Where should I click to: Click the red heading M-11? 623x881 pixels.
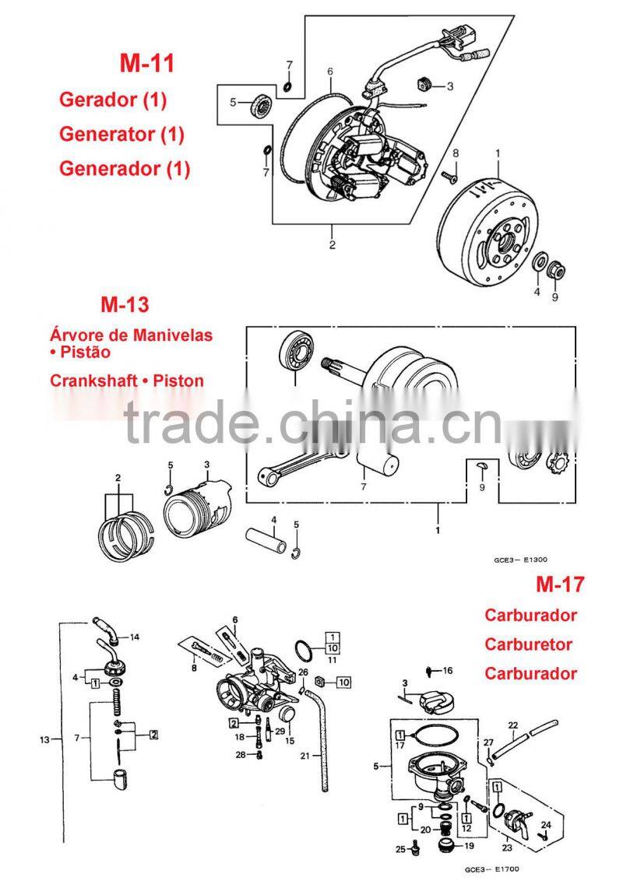pos(146,63)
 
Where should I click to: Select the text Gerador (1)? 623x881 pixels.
pos(113,100)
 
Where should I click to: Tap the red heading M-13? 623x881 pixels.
pos(125,304)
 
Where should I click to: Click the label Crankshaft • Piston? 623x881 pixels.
pos(127,381)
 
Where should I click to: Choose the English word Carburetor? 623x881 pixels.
pos(528,644)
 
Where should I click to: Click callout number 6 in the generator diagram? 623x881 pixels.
pos(330,72)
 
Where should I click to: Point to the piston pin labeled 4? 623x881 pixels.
pos(267,536)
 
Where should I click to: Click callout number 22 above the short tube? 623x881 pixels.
pos(513,727)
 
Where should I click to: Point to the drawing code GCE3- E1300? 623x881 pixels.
pos(521,559)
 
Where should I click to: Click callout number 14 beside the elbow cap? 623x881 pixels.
pos(135,637)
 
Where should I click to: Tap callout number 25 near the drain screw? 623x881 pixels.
pos(399,849)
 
